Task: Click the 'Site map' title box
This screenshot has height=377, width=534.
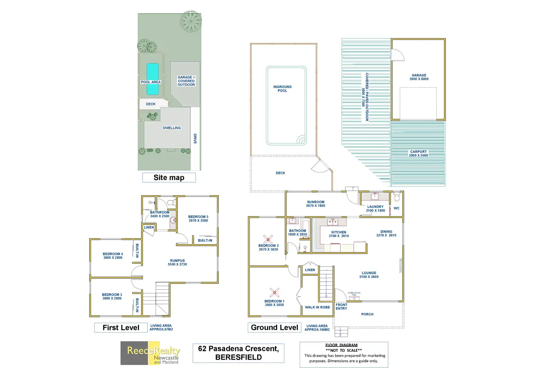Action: (169, 177)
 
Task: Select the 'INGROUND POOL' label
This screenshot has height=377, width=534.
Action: (282, 89)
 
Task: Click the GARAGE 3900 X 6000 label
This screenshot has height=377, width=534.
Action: (419, 77)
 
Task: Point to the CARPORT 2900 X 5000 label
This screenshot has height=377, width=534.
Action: (418, 154)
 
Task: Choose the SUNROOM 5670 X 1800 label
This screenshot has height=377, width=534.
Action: (316, 204)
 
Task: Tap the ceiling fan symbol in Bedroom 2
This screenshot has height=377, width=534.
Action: (268, 239)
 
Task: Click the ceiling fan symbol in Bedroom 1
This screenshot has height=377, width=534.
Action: (275, 293)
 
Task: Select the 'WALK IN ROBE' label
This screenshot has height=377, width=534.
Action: (317, 307)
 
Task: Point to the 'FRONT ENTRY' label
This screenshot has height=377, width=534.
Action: (341, 307)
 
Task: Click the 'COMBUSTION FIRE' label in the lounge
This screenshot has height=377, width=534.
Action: (354, 294)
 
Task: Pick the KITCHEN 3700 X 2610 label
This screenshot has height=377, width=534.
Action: (339, 234)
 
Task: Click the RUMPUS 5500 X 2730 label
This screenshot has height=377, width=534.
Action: (177, 263)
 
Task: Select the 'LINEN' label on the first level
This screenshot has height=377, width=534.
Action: (149, 227)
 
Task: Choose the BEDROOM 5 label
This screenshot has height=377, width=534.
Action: (198, 219)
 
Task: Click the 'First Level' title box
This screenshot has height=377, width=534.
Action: (121, 328)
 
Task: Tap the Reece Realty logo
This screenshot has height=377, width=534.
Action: (150, 353)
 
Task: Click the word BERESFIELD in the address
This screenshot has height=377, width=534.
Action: (238, 357)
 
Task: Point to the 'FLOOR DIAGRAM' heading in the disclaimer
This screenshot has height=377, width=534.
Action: (341, 345)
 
